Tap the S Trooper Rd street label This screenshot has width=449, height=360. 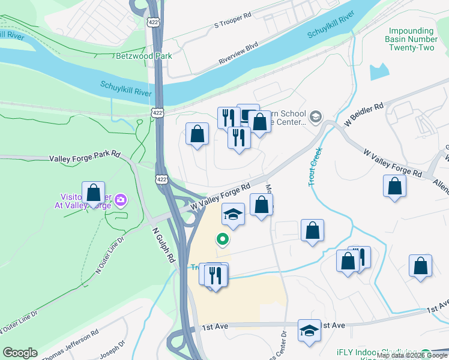[232, 22]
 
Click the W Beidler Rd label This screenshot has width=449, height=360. [364, 114]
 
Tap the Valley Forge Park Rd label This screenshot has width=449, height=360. [84, 157]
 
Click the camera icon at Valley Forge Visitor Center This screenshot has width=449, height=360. [121, 199]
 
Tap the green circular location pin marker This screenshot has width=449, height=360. [223, 240]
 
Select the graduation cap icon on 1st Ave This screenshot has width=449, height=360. [309, 330]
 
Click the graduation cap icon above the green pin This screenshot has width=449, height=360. [233, 213]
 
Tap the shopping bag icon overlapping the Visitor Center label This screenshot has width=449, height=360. [93, 193]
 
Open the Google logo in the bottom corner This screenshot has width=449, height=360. [19, 353]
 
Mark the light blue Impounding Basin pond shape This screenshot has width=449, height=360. [379, 71]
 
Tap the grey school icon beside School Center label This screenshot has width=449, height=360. [316, 115]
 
